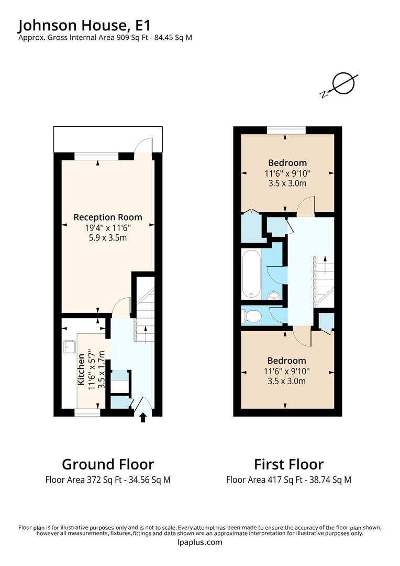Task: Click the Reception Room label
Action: pos(108,217)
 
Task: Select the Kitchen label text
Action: pos(81,369)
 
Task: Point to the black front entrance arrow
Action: pos(143,417)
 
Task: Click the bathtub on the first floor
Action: pos(252,272)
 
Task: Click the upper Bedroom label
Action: pos(287,162)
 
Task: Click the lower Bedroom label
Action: pos(286,361)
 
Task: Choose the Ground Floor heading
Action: pos(108,464)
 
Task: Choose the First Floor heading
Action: pos(288,464)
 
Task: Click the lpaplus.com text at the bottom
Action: pos(200,542)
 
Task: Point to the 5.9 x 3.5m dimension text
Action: pos(108,237)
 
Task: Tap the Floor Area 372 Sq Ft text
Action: pos(108,480)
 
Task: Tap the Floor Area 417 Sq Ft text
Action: pos(288,480)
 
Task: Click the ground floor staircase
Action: pos(145,314)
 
